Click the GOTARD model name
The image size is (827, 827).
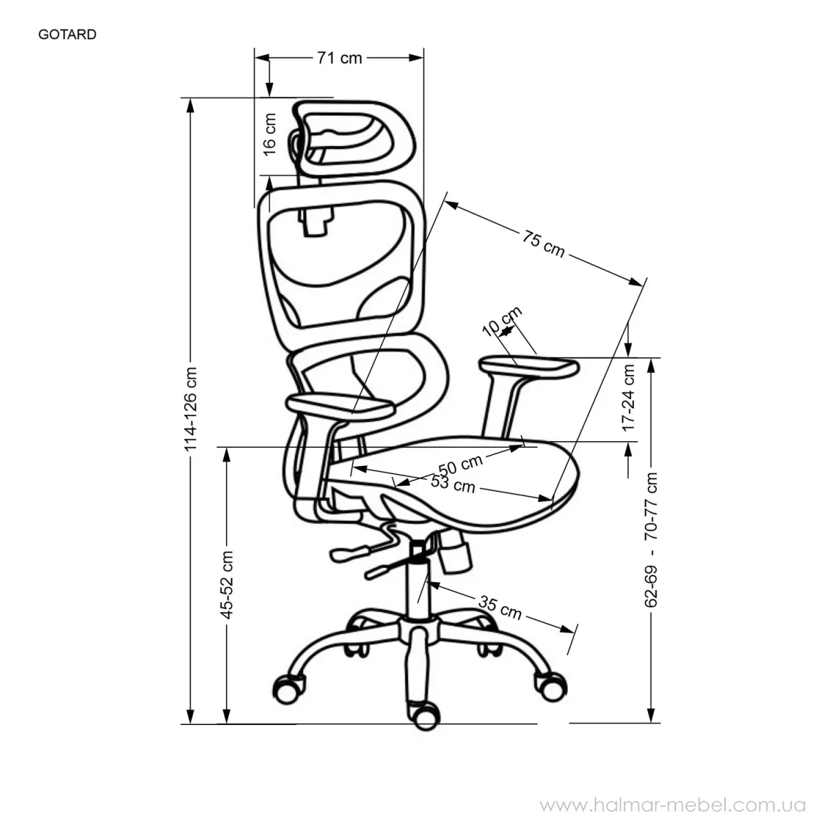[x=68, y=34]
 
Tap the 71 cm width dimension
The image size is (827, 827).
[x=340, y=58]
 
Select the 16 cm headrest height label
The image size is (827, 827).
[x=269, y=135]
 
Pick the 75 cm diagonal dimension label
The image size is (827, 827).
[x=543, y=244]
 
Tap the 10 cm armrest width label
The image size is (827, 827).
[x=502, y=321]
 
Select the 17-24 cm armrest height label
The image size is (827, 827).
[x=629, y=398]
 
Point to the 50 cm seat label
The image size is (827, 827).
[x=460, y=464]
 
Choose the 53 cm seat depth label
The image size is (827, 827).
[x=453, y=484]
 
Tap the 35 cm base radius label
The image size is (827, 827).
[x=500, y=608]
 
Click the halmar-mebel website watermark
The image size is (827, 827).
[x=673, y=805]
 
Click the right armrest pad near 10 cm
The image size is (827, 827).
[x=529, y=368]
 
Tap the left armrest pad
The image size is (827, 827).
[x=340, y=405]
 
